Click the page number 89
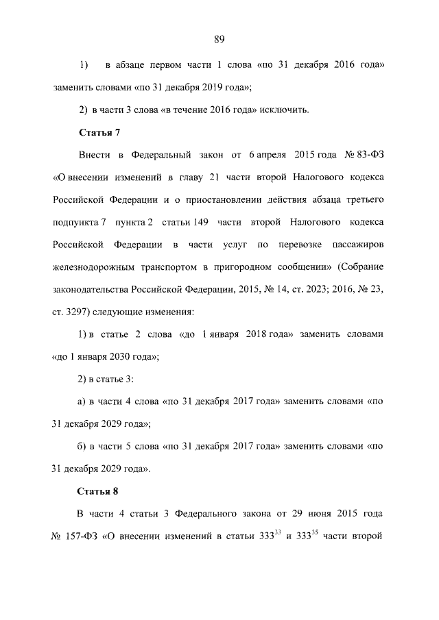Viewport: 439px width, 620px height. pyautogui.click(x=219, y=39)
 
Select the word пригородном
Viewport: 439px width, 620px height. pyautogui.click(x=257, y=266)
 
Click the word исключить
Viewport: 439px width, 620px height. pyautogui.click(x=290, y=110)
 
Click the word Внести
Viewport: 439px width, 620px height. pyautogui.click(x=95, y=155)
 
